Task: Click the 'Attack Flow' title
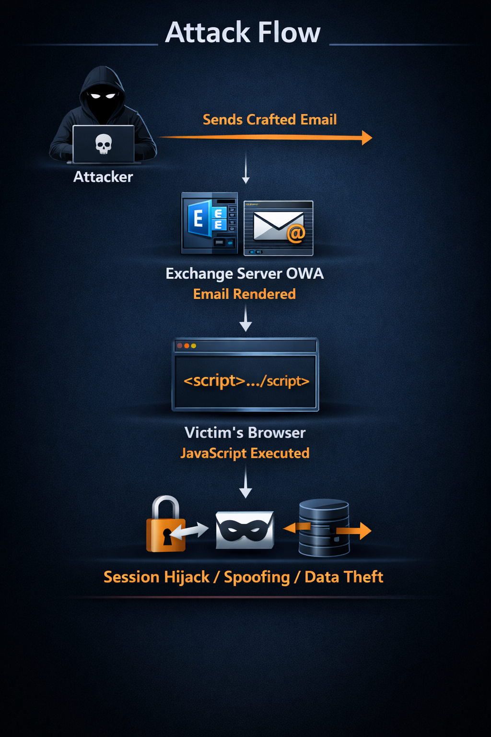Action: (242, 32)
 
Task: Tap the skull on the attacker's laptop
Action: (103, 144)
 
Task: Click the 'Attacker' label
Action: (103, 177)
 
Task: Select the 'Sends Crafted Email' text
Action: (269, 119)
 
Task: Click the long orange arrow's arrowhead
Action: (367, 138)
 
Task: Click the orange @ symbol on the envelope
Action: (296, 233)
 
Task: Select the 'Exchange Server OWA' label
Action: (245, 273)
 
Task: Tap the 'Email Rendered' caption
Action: (245, 294)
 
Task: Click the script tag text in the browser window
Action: (246, 381)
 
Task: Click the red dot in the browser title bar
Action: (179, 345)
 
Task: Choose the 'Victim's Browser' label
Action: (245, 432)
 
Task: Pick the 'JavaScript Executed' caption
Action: (245, 453)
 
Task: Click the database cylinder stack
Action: (324, 528)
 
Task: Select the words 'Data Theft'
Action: (344, 577)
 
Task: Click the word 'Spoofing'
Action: (257, 578)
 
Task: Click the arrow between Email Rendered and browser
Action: (245, 318)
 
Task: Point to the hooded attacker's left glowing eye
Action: (95, 96)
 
